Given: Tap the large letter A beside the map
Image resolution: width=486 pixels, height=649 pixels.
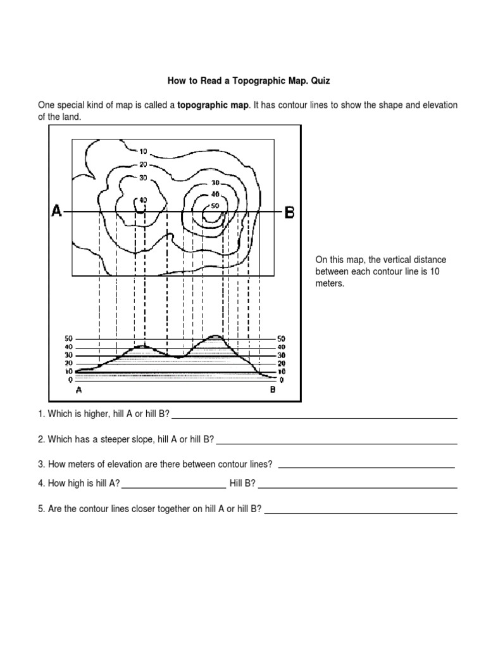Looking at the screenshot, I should [x=57, y=211].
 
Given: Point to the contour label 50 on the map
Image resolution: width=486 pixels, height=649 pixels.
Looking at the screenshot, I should [x=215, y=205].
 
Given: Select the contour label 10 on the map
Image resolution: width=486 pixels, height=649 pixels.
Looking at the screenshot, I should [x=143, y=151].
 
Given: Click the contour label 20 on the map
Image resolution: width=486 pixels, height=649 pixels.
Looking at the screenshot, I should [x=143, y=164].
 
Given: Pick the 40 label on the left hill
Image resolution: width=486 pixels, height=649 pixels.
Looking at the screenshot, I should [x=142, y=200].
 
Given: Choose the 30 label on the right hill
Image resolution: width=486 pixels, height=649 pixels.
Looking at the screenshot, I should [x=215, y=183].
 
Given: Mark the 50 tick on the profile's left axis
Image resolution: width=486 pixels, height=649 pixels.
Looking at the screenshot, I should [x=68, y=339].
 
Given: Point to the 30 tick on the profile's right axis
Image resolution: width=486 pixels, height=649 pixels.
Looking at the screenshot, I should [x=282, y=356].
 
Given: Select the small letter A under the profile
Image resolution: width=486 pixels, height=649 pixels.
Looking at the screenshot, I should [x=78, y=390].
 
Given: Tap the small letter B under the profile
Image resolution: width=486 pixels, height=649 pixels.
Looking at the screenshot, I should [x=273, y=390].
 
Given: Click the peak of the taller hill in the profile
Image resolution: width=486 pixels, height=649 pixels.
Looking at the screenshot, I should [x=215, y=336].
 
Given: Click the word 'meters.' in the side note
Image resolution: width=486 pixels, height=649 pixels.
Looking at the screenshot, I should [x=330, y=284].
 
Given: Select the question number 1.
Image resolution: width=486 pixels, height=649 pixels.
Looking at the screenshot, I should [x=40, y=414].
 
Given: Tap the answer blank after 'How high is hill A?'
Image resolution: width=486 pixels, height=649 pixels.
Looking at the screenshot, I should [x=173, y=485].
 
